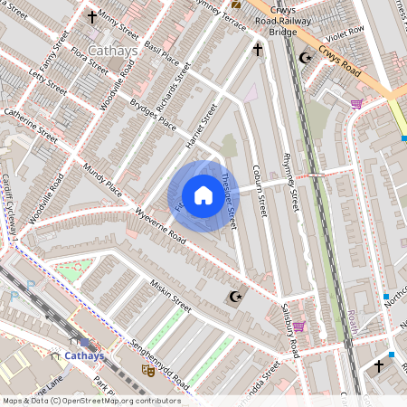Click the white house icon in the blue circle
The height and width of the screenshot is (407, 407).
point(203,194)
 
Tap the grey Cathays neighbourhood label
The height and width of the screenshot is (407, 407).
point(113,51)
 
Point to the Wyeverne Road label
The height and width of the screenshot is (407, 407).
point(159,227)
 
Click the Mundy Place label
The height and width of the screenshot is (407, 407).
point(102,178)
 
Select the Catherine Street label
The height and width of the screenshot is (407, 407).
point(31,124)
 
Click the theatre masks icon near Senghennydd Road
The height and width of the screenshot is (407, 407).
point(148,370)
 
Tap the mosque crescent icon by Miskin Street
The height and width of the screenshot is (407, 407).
point(237,297)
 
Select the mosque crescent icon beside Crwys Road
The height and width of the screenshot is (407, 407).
point(305,58)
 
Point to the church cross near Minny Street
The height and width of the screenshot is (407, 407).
point(91,16)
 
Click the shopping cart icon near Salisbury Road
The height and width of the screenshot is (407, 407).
point(298,327)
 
